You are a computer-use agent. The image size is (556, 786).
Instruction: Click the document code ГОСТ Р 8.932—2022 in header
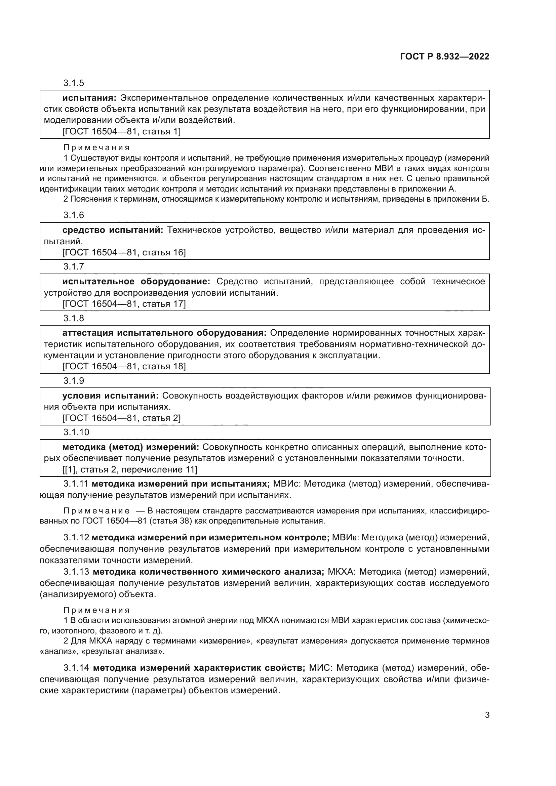click(444, 57)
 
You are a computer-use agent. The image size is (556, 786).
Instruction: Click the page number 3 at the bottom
click(487, 715)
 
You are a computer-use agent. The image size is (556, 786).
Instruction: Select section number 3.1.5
click(74, 83)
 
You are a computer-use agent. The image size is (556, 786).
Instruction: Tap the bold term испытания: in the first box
click(89, 98)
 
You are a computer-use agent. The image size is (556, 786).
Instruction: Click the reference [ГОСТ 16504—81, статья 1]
click(121, 131)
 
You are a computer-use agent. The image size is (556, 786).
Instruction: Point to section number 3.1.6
click(74, 215)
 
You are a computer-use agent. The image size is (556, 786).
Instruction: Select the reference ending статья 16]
click(124, 253)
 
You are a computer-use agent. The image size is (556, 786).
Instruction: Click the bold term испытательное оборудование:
click(136, 281)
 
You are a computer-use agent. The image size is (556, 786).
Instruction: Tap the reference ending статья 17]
click(124, 304)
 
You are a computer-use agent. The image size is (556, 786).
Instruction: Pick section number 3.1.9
click(74, 381)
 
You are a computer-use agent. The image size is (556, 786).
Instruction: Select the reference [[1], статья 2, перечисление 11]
click(130, 470)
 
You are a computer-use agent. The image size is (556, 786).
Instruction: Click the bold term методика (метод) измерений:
click(130, 447)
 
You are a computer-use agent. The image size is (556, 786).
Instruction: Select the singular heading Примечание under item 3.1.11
click(96, 511)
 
